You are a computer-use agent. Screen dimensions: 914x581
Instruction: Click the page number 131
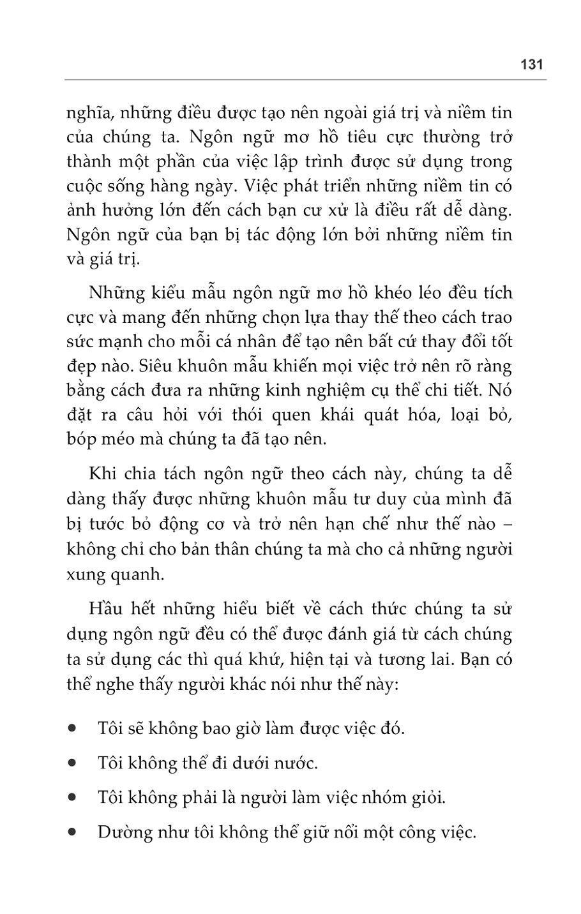click(531, 64)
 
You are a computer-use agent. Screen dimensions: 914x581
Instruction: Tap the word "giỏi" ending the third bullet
click(428, 798)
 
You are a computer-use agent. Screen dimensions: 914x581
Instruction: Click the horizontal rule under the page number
click(305, 80)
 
